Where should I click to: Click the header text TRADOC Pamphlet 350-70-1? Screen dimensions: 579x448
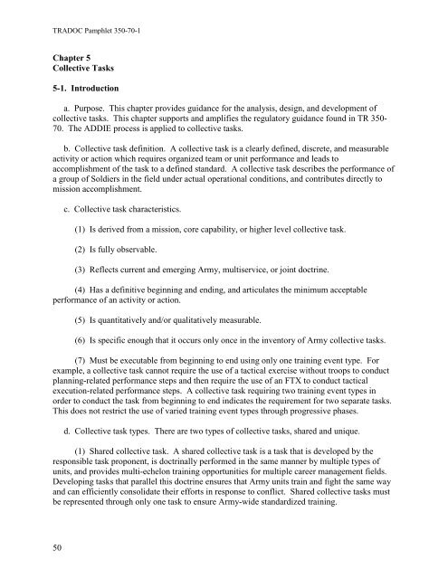point(84,16)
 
